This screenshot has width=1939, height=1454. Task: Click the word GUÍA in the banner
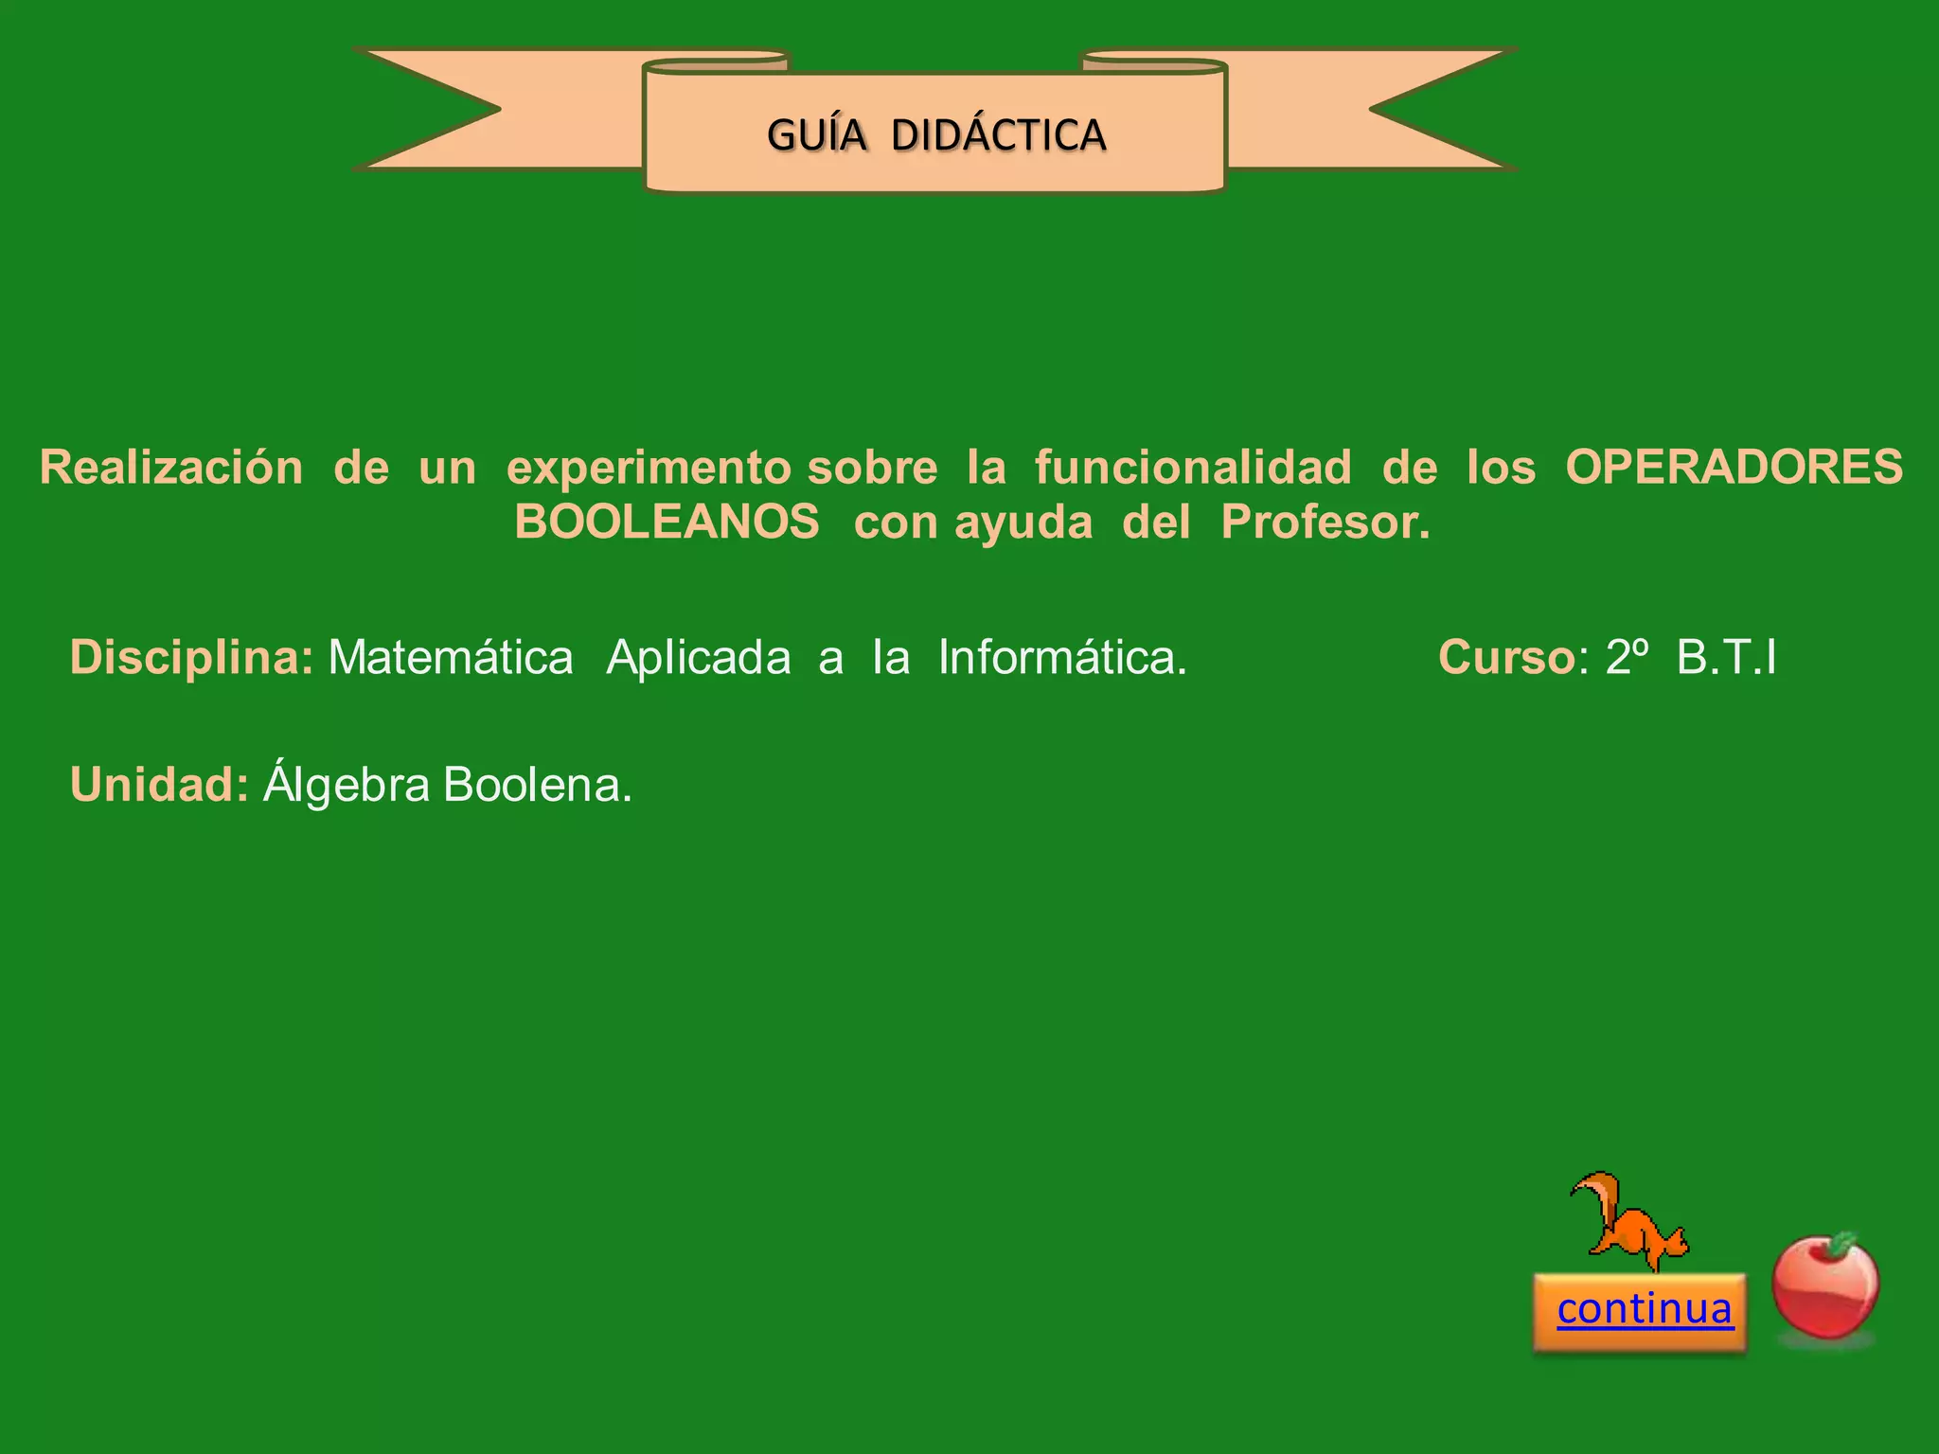[x=816, y=135]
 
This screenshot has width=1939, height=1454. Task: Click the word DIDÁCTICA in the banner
[x=998, y=135]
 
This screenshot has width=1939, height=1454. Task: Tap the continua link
[x=1645, y=1308]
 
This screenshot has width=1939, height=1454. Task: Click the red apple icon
[x=1824, y=1287]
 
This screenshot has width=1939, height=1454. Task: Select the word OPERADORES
[x=1734, y=468]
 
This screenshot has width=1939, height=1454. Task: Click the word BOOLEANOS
[x=667, y=522]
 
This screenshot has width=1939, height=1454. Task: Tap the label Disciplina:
[x=191, y=657]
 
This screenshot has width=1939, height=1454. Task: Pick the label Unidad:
[x=159, y=785]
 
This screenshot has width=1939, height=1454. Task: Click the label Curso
[x=1506, y=657]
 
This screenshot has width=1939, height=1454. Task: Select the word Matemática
[x=451, y=657]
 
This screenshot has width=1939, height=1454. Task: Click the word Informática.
[x=1062, y=657]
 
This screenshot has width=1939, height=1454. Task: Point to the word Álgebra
[x=347, y=785]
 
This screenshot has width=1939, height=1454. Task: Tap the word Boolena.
[x=537, y=785]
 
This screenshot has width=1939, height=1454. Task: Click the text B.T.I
[x=1727, y=657]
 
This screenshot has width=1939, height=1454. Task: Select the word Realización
[x=171, y=468]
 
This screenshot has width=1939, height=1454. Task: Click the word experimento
[x=649, y=468]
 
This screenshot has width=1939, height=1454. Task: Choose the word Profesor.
[x=1325, y=522]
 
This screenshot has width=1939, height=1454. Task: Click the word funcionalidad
[x=1193, y=468]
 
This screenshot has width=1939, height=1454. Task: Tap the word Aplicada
[x=699, y=657]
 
